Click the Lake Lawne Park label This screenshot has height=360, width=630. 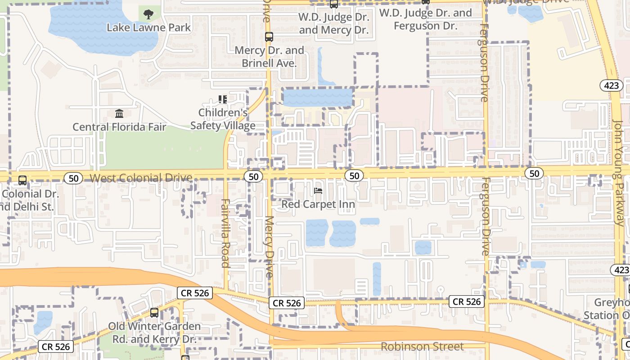coord(148,27)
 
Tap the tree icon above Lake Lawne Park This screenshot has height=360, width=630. coord(148,14)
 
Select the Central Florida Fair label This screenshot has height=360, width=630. coord(119,127)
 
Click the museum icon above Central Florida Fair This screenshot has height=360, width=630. coord(119,113)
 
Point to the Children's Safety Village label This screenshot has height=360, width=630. coord(223,119)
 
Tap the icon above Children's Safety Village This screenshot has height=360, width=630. coord(223,99)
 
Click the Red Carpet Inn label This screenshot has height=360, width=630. coord(318,204)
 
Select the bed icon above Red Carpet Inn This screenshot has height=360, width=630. coord(318,191)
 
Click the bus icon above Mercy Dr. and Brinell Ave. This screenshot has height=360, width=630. coord(269,37)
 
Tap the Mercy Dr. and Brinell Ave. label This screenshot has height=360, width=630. coord(269,57)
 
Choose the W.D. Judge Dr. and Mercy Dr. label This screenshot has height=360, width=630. coord(334,24)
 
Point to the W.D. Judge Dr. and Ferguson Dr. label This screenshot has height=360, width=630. coord(425,19)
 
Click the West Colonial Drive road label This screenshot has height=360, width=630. coord(141,178)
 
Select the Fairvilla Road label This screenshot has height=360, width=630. coord(225,233)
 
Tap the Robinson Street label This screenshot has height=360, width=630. coord(422,346)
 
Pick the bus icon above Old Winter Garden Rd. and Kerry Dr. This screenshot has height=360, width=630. coord(154,312)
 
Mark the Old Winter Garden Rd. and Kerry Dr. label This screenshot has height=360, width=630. coord(154,333)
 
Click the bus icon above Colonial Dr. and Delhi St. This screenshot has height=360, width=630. coord(22,180)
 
